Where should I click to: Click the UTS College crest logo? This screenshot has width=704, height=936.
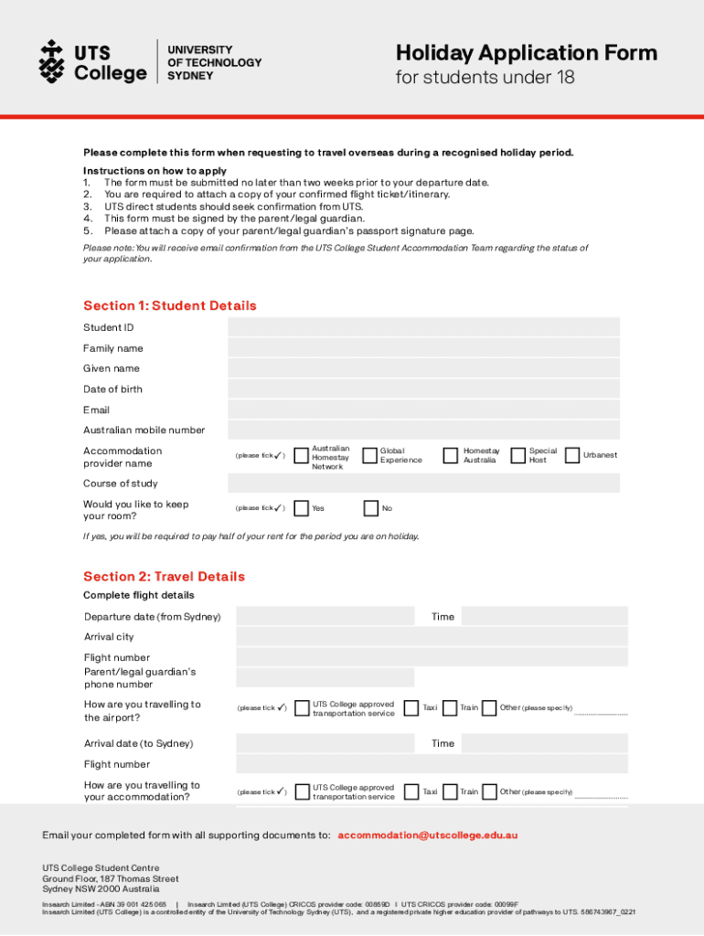[x=51, y=60]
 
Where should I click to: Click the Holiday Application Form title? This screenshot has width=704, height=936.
[x=526, y=52]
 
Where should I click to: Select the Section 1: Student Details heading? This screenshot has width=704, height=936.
[x=169, y=305]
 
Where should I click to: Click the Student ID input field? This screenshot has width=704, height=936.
[x=423, y=327]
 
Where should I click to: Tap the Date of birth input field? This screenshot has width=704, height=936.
[x=423, y=388]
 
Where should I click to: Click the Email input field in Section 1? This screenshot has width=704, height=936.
[x=423, y=409]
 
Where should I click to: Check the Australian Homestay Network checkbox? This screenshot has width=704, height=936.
[x=301, y=455]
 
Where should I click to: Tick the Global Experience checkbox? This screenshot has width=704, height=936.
[x=370, y=455]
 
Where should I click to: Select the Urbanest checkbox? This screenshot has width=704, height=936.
[x=573, y=454]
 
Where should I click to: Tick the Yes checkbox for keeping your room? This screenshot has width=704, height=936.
[x=301, y=508]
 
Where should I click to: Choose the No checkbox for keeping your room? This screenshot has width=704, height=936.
[x=370, y=508]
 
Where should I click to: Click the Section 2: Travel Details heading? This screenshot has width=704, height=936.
[x=164, y=577]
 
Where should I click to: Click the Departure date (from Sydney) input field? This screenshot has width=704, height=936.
[x=325, y=616]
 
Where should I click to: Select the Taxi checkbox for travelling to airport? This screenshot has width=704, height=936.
[x=411, y=707]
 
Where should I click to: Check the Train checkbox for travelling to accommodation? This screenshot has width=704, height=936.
[x=449, y=792]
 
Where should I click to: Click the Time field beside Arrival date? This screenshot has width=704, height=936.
[x=544, y=743]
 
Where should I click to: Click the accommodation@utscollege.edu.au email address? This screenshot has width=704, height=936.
[x=428, y=835]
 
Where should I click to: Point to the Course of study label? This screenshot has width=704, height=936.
[x=121, y=484]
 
